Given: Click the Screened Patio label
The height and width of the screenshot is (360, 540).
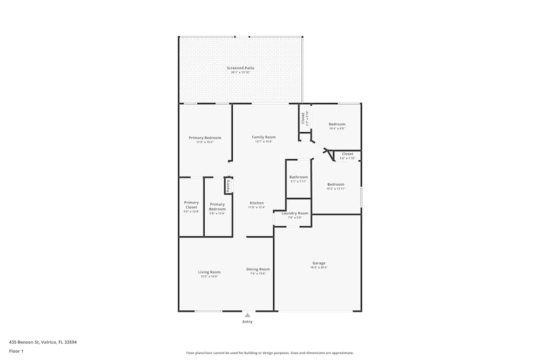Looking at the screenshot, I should point(240,68).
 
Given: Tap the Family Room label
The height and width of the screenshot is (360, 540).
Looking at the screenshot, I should point(264,137).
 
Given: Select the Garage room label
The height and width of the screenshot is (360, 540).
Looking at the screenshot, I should point(319,263).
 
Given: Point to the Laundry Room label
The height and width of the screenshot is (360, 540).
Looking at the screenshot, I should point(295,213).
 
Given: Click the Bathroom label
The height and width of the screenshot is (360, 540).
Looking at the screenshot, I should point(298,177).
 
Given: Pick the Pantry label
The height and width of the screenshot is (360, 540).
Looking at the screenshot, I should point(228,186).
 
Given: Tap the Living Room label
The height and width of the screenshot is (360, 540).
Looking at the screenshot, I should point(209,272).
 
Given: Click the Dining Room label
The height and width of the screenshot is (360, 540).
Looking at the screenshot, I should point(258,269).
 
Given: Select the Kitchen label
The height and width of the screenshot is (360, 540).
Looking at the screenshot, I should point(256,203).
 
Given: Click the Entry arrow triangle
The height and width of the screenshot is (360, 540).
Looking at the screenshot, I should point(247,315).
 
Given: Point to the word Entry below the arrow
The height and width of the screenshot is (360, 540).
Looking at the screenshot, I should point(247,322).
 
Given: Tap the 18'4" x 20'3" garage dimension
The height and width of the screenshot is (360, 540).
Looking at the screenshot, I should point(319,268).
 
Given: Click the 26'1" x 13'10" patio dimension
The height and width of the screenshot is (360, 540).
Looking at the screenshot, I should point(240,72).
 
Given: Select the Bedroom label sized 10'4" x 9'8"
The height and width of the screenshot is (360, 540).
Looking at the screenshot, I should point(337,124).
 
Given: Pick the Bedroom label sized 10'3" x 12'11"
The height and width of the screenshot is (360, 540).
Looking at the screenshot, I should point(335,185).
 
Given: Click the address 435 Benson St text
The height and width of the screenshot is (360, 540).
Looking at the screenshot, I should point(43,342).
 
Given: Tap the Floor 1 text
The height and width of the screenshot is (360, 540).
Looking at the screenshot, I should point(16,351).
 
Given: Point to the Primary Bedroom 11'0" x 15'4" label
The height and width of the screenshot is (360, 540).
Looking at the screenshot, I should point(205,138).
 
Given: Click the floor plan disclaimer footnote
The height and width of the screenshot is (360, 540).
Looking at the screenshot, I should point(269,353).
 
